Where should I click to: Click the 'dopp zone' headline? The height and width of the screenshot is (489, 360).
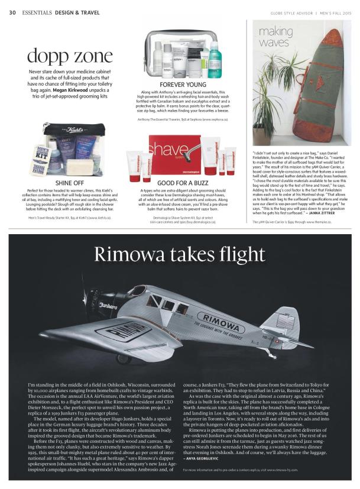70,57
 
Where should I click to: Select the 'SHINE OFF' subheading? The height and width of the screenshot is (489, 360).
70,182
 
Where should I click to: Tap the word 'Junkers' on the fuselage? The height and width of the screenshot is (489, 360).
109,307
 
